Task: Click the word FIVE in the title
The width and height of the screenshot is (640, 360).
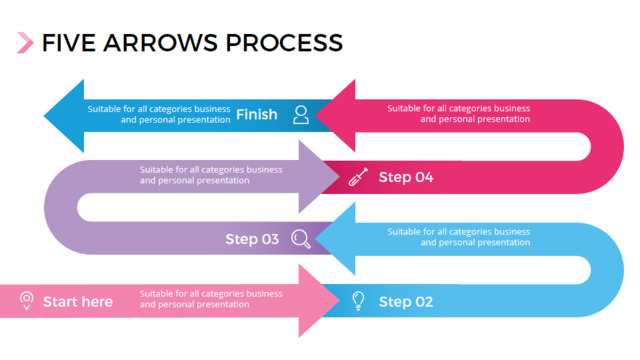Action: [x=69, y=43]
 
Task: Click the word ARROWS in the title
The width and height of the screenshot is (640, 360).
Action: [x=160, y=43]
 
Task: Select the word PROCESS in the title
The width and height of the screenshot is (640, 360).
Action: [x=284, y=43]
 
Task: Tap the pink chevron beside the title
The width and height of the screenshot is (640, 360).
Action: [x=25, y=43]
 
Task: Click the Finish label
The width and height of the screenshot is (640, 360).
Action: [x=257, y=115]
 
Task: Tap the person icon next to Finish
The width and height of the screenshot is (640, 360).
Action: [x=301, y=115]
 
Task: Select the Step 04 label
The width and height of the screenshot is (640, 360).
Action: [x=406, y=177]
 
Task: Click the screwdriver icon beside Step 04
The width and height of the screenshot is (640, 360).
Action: [x=358, y=177]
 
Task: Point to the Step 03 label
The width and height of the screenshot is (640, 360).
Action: [x=252, y=239]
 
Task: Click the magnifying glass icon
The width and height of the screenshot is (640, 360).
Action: [x=301, y=239]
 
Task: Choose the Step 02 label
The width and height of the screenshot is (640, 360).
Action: [x=406, y=302]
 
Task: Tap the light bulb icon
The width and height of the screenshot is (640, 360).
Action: [x=358, y=301]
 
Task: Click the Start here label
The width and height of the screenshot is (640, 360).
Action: [x=78, y=302]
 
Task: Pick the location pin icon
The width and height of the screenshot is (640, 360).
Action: [x=27, y=301]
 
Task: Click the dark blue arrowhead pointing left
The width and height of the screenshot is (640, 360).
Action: [x=64, y=116]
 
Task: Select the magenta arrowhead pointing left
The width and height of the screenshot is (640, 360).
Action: [x=336, y=116]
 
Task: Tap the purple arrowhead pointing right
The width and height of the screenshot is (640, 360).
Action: [x=319, y=177]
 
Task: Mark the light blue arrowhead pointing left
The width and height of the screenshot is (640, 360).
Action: [x=336, y=239]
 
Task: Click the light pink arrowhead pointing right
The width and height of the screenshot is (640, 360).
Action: [x=319, y=301]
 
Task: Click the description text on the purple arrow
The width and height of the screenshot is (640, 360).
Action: [x=211, y=175]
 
